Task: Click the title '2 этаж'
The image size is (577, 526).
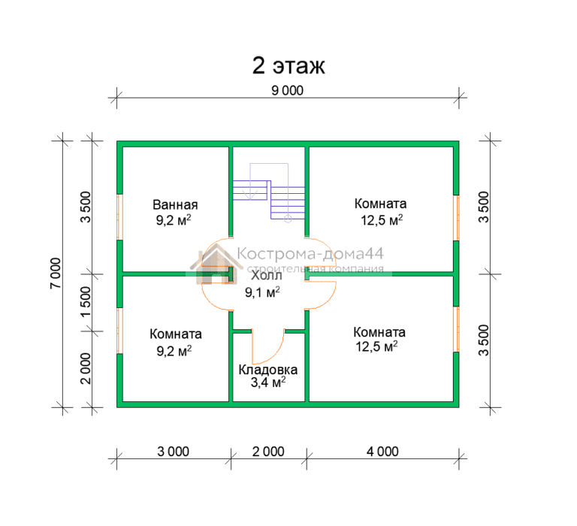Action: click(x=288, y=65)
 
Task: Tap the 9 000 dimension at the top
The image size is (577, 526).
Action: click(x=288, y=91)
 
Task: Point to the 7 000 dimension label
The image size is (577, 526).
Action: click(x=56, y=273)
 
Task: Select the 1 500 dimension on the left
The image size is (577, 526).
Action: click(x=86, y=302)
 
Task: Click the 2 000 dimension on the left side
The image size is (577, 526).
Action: click(x=86, y=368)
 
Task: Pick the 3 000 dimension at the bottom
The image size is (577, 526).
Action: click(x=173, y=452)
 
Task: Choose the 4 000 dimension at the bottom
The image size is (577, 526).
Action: click(x=382, y=452)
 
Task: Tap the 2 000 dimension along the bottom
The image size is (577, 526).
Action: click(x=268, y=452)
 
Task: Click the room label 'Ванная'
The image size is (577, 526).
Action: click(x=175, y=204)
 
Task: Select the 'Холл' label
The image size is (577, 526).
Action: click(x=267, y=275)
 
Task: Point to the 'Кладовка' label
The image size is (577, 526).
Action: click(x=268, y=370)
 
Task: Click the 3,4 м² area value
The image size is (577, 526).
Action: click(x=268, y=382)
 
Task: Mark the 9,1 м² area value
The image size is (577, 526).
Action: click(x=262, y=292)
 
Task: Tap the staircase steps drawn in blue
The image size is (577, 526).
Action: click(x=269, y=200)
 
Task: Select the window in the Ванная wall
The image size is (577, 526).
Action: click(x=119, y=217)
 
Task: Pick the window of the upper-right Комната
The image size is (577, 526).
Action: click(x=456, y=218)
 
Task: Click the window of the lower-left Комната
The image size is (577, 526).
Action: click(x=119, y=331)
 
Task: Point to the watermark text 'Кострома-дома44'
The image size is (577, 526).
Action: click(x=310, y=254)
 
